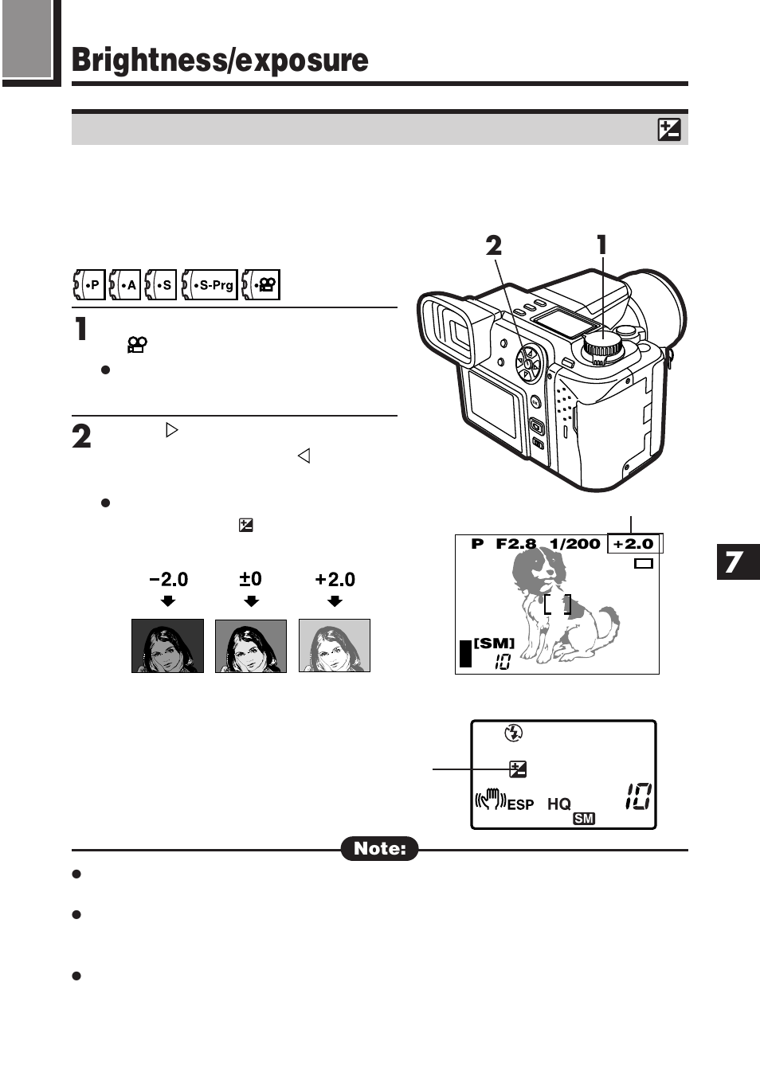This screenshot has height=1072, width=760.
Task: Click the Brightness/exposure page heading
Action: click(220, 61)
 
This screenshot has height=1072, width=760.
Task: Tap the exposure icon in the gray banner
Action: click(669, 129)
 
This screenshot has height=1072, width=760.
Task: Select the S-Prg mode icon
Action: click(210, 284)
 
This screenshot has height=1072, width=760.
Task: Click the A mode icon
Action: click(125, 284)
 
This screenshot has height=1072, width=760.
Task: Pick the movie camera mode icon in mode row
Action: click(261, 284)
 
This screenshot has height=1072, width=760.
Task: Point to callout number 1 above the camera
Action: click(602, 245)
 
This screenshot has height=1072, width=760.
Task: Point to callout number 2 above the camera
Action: click(494, 245)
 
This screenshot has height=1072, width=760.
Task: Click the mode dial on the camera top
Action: click(602, 346)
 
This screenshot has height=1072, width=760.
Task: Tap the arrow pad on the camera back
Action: click(527, 365)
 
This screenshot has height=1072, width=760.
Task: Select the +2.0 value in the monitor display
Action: click(633, 544)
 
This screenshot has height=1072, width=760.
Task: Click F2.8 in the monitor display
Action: click(515, 544)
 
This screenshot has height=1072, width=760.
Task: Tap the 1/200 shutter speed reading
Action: click(574, 544)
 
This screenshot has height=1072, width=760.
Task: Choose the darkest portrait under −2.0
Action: click(167, 646)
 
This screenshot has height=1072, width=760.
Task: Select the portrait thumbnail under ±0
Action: click(251, 646)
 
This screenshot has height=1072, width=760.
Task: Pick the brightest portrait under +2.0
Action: click(335, 646)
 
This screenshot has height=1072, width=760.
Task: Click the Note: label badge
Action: click(380, 848)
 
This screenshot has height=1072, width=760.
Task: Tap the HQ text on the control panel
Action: click(558, 804)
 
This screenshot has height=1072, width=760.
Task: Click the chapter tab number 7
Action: click(735, 561)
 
